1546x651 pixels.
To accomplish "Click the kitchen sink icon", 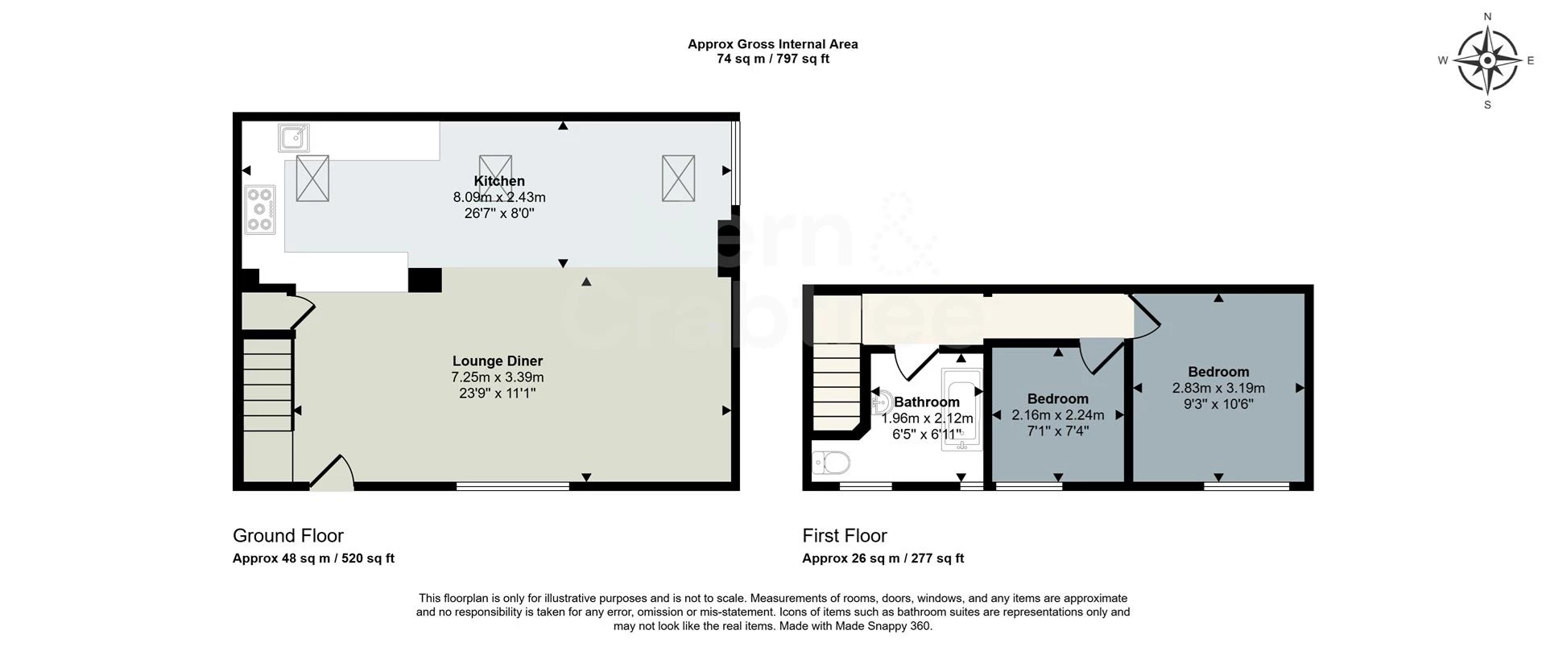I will pyautogui.click(x=294, y=138).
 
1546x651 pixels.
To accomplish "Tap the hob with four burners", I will pyautogui.click(x=260, y=210).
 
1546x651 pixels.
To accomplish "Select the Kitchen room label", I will pyautogui.click(x=499, y=181).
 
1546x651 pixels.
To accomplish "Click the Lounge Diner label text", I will pyautogui.click(x=497, y=361).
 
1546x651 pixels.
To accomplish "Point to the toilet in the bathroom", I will pyautogui.click(x=831, y=464).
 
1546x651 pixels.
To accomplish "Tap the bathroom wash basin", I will pyautogui.click(x=880, y=399).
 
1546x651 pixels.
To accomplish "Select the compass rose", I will pyautogui.click(x=1487, y=60).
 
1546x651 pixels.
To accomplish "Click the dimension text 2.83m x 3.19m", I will pyautogui.click(x=1218, y=388).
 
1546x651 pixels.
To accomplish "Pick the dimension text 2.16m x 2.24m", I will pyautogui.click(x=1057, y=415).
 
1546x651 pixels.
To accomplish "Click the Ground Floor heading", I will pyautogui.click(x=287, y=536).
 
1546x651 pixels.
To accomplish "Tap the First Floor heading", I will pyautogui.click(x=844, y=536).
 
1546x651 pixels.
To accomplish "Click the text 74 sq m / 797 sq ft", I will pyautogui.click(x=772, y=59).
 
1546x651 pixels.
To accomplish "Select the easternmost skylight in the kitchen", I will pyautogui.click(x=678, y=179).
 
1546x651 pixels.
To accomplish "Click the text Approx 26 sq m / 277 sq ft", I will pyautogui.click(x=883, y=558).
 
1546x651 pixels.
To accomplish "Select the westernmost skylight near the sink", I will pyautogui.click(x=312, y=178).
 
